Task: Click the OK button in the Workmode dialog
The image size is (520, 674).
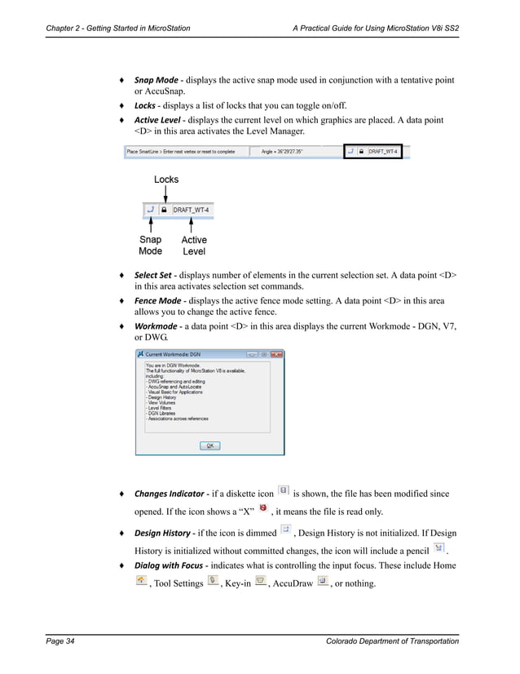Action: point(209,446)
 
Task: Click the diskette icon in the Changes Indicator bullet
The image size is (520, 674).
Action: point(283,490)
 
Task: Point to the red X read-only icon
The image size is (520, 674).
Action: point(262,509)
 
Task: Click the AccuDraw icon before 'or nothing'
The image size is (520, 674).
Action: point(322,580)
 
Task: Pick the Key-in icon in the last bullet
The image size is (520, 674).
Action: point(260,580)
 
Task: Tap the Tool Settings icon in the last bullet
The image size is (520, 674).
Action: point(213,580)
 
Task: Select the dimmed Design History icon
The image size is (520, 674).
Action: point(285,530)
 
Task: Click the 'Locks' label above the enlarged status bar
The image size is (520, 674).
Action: point(166,180)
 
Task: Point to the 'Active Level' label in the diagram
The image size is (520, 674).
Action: point(194,246)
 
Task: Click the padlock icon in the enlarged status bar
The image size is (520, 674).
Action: point(165,210)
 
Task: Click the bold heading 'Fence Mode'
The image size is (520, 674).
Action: point(157,300)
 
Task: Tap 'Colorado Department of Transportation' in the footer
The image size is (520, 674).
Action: point(391,642)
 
